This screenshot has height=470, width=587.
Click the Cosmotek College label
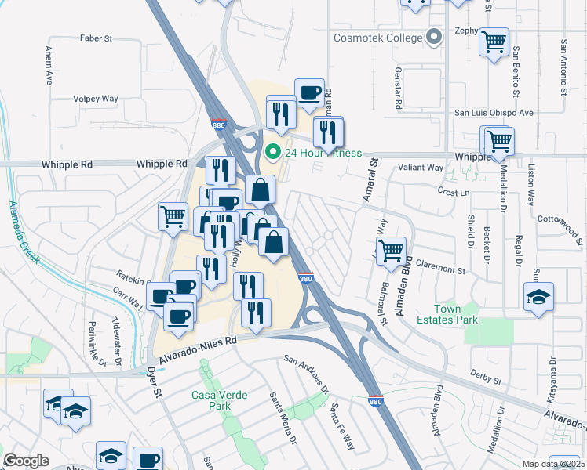[378, 37]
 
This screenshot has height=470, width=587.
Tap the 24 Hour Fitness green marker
[273, 152]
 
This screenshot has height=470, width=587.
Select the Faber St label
[97, 38]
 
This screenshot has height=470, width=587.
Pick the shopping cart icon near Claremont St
[391, 251]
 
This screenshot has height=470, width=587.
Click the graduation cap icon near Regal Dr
[538, 297]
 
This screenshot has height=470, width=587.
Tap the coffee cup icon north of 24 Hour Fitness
[309, 92]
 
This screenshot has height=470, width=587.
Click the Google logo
[27, 461]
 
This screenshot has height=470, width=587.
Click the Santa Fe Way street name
[341, 426]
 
